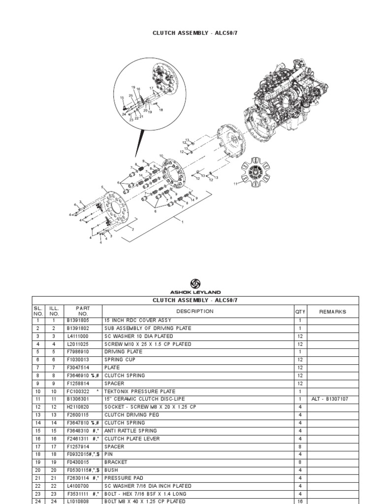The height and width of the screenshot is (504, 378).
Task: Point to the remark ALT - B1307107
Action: [330, 399]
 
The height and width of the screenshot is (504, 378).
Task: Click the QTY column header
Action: [300, 312]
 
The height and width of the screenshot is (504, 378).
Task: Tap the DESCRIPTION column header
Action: [195, 312]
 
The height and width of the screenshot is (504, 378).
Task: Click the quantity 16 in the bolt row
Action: [300, 501]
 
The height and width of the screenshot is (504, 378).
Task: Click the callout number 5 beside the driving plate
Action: [102, 187]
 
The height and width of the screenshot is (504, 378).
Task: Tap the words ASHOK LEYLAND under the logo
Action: [195, 292]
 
